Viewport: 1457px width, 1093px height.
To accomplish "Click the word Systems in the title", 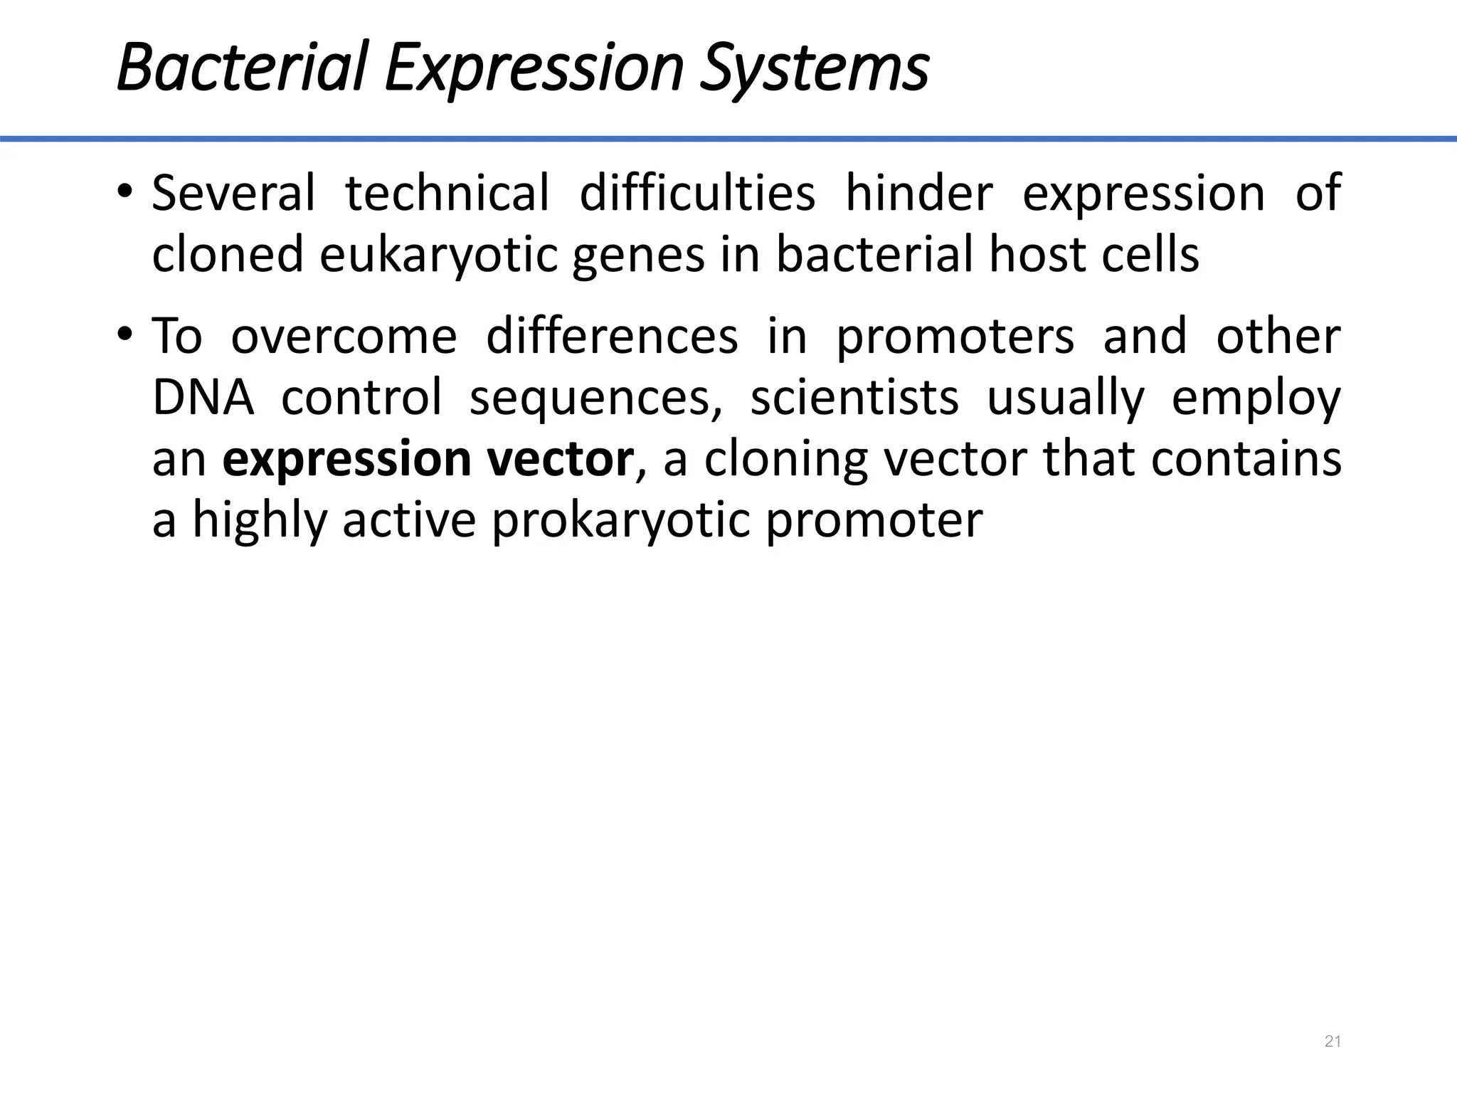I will (x=814, y=69).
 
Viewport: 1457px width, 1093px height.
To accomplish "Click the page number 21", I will (x=1333, y=1042).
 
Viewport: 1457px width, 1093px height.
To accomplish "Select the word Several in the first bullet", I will (x=233, y=193).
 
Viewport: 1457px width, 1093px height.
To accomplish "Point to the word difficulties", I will (x=697, y=193).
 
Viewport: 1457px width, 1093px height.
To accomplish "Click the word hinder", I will (x=918, y=193).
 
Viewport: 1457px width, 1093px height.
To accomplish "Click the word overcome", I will (x=344, y=337).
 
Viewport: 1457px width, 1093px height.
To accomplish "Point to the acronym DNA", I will (x=203, y=397).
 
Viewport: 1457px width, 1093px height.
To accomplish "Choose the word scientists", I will (x=854, y=397).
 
